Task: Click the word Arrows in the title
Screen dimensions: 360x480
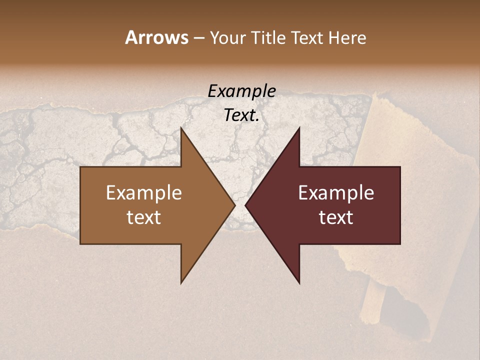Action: [156, 37]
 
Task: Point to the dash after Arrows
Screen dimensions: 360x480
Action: [198, 38]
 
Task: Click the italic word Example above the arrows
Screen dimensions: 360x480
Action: [241, 91]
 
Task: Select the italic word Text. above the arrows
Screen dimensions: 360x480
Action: [241, 115]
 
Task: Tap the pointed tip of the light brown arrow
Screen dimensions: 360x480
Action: [234, 205]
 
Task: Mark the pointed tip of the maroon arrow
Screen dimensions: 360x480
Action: [245, 205]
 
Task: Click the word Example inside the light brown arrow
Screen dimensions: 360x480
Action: [143, 193]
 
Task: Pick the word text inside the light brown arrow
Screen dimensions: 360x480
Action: [143, 217]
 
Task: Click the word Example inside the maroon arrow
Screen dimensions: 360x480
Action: [336, 193]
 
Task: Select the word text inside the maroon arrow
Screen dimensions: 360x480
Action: [336, 217]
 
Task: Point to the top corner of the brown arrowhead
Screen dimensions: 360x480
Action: [181, 128]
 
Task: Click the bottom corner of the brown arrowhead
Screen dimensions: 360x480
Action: [181, 282]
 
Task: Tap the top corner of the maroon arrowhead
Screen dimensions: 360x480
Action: [299, 128]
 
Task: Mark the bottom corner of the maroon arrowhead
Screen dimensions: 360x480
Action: [299, 282]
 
